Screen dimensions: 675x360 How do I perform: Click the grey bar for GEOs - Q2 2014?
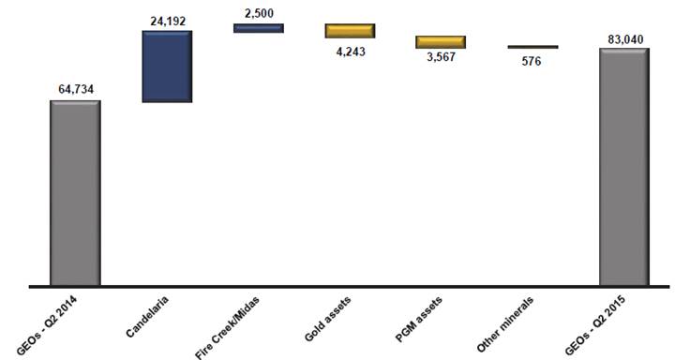(x=75, y=193)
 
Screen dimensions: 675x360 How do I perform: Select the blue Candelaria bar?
(x=167, y=67)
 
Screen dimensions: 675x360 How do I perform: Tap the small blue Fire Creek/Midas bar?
(x=259, y=28)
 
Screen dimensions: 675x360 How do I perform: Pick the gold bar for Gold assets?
(x=350, y=31)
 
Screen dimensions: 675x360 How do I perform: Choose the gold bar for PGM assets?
(x=441, y=42)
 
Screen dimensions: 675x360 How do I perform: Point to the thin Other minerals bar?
(x=532, y=47)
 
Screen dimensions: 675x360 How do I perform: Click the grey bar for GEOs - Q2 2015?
(x=624, y=167)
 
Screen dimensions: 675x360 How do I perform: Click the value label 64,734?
(x=76, y=90)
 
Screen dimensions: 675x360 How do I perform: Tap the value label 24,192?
(x=168, y=21)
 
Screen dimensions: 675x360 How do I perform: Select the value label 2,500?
(x=259, y=13)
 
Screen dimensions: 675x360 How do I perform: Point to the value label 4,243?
(x=351, y=52)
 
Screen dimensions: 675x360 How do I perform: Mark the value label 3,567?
(x=442, y=57)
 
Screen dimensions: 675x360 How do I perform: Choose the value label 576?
(x=532, y=62)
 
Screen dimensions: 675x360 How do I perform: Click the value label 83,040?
(x=626, y=39)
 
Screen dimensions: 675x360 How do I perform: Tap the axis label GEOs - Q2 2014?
(x=47, y=326)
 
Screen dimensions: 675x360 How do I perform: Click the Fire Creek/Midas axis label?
(x=227, y=327)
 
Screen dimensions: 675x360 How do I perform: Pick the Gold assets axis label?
(x=327, y=319)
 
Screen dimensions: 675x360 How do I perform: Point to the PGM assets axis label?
(x=418, y=319)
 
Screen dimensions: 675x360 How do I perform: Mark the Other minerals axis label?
(x=505, y=323)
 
